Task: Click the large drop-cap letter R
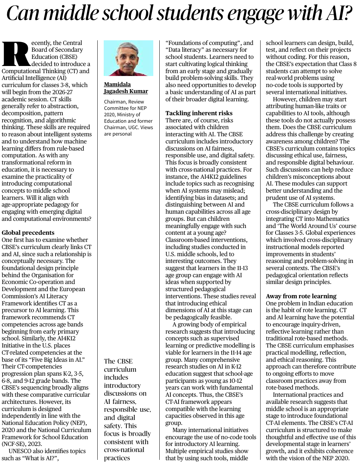tap(16, 54)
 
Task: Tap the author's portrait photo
tap(128, 58)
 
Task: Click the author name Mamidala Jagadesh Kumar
tap(126, 88)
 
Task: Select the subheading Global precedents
tap(28, 233)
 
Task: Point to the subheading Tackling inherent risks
tap(199, 113)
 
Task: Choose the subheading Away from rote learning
tap(301, 296)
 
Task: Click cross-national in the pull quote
tap(124, 450)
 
